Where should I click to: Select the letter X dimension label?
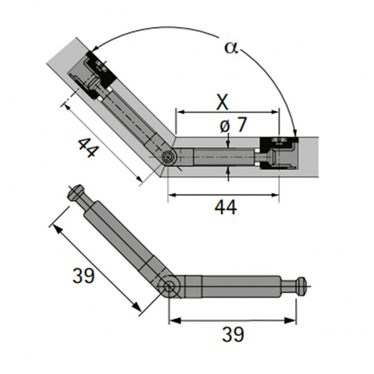tap(222, 102)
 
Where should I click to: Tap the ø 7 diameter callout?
tap(232, 126)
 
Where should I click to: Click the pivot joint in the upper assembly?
tap(170, 158)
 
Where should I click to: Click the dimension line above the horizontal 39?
tap(231, 320)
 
